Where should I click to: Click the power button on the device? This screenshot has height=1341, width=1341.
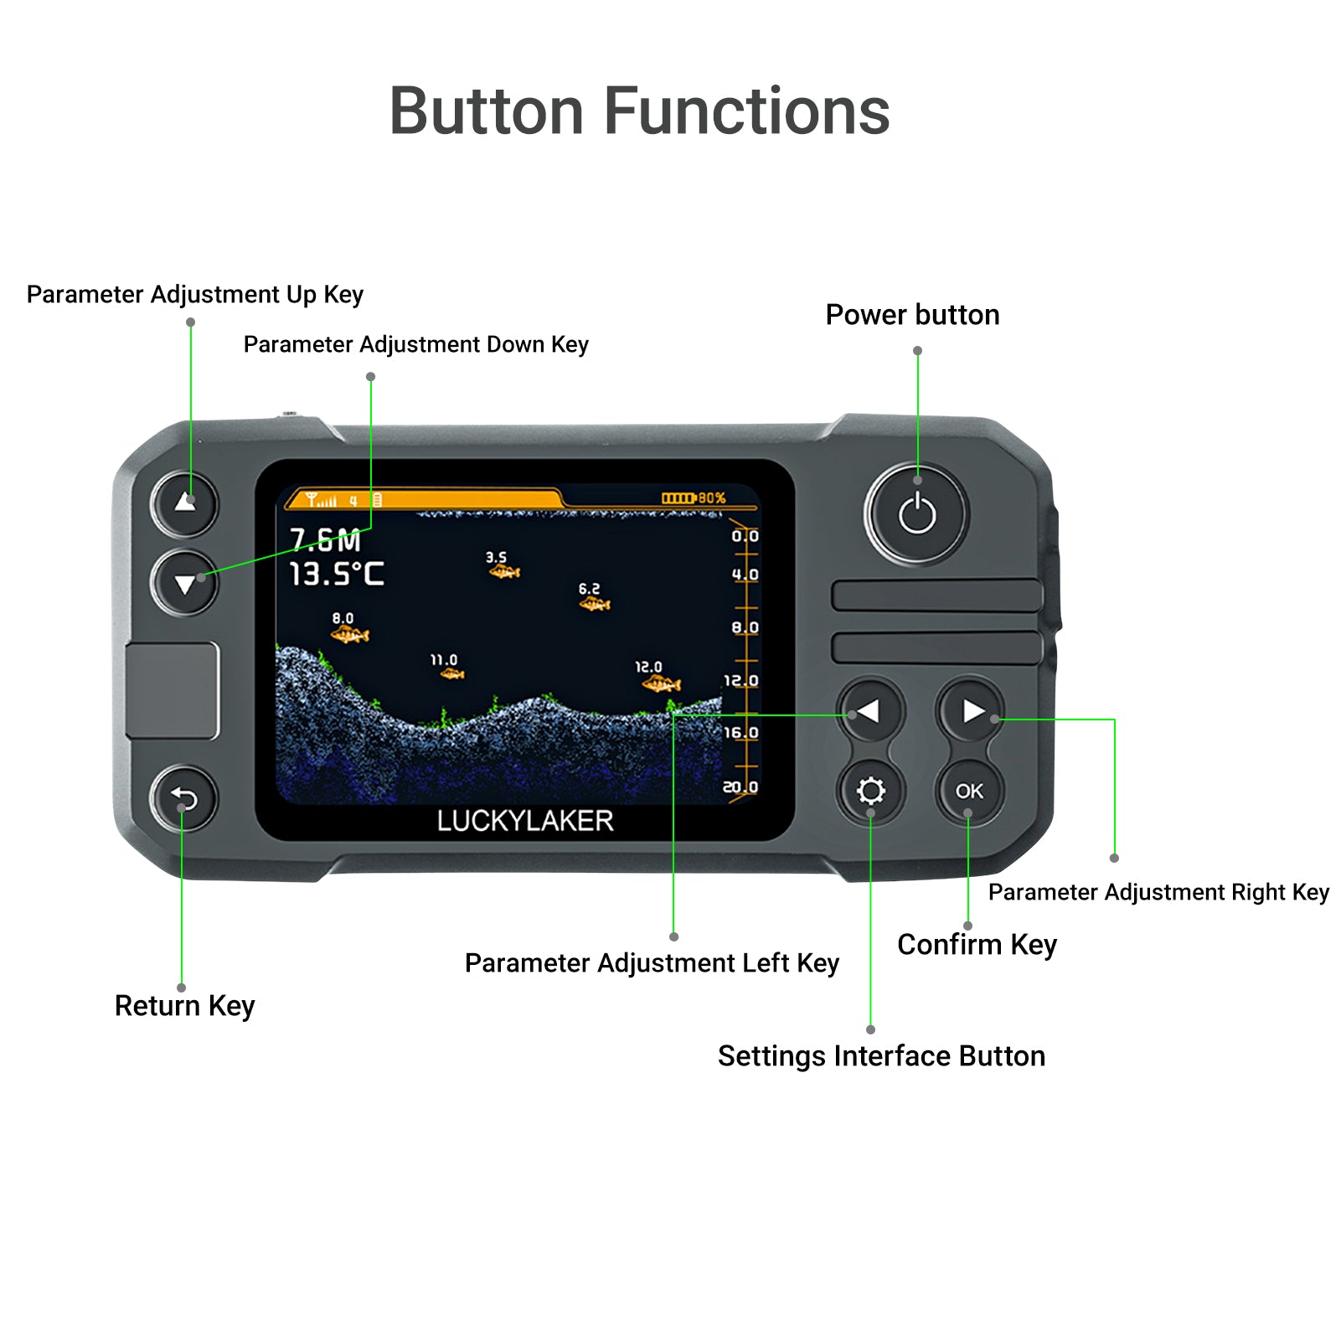pos(916,513)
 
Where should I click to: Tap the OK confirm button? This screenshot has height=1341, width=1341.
pos(969,791)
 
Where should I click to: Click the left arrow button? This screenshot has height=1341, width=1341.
pos(870,711)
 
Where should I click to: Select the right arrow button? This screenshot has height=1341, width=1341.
pos(970,711)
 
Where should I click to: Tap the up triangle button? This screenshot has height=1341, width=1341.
pos(184,503)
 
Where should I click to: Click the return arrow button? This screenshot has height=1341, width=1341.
pos(183,799)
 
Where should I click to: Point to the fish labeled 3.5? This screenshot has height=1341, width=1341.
pos(504,572)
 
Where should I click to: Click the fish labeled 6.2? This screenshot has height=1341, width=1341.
pos(595,603)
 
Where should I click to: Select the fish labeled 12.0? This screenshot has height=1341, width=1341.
pos(662,683)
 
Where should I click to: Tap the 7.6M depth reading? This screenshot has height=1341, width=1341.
pos(325,540)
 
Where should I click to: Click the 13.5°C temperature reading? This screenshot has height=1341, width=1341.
pos(337,574)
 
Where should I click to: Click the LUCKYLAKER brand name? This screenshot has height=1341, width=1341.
pos(525,821)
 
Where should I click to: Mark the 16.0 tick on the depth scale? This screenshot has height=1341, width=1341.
pos(741,733)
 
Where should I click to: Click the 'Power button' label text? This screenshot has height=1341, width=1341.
pos(912,315)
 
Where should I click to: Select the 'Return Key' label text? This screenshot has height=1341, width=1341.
pos(184,1006)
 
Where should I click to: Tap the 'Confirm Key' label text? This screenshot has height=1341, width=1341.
pos(977,945)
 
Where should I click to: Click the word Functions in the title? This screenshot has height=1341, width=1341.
pos(746,111)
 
